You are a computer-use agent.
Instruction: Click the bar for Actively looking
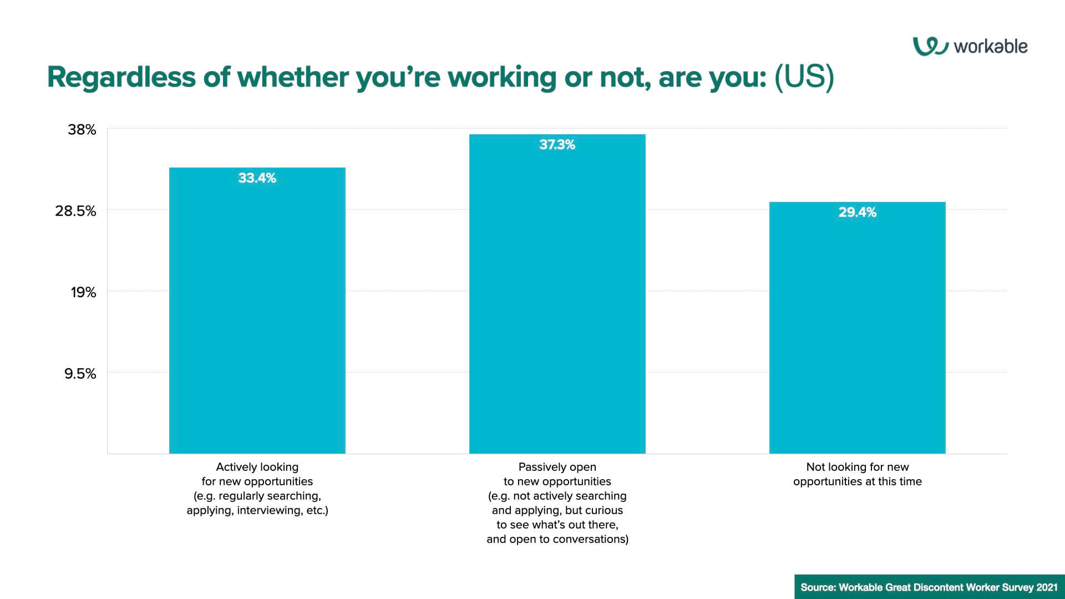257,311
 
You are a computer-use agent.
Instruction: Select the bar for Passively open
557,294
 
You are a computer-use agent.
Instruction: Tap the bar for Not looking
857,328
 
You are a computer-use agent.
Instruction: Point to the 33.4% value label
257,178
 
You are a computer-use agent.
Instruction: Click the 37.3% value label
557,145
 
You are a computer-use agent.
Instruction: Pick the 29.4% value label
857,212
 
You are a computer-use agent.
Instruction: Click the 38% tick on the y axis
82,130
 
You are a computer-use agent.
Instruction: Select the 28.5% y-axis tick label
75,211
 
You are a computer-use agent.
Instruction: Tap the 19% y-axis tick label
83,293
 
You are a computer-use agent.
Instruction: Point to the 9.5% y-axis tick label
80,374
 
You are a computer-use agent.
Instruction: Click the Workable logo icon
930,47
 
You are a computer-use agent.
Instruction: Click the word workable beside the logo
991,47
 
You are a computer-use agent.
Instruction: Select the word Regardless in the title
121,77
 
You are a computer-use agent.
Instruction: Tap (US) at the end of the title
804,77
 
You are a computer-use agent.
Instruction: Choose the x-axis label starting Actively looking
257,489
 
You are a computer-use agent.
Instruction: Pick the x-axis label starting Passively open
557,503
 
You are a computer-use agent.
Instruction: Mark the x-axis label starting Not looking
858,474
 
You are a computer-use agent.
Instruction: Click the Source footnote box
930,587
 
